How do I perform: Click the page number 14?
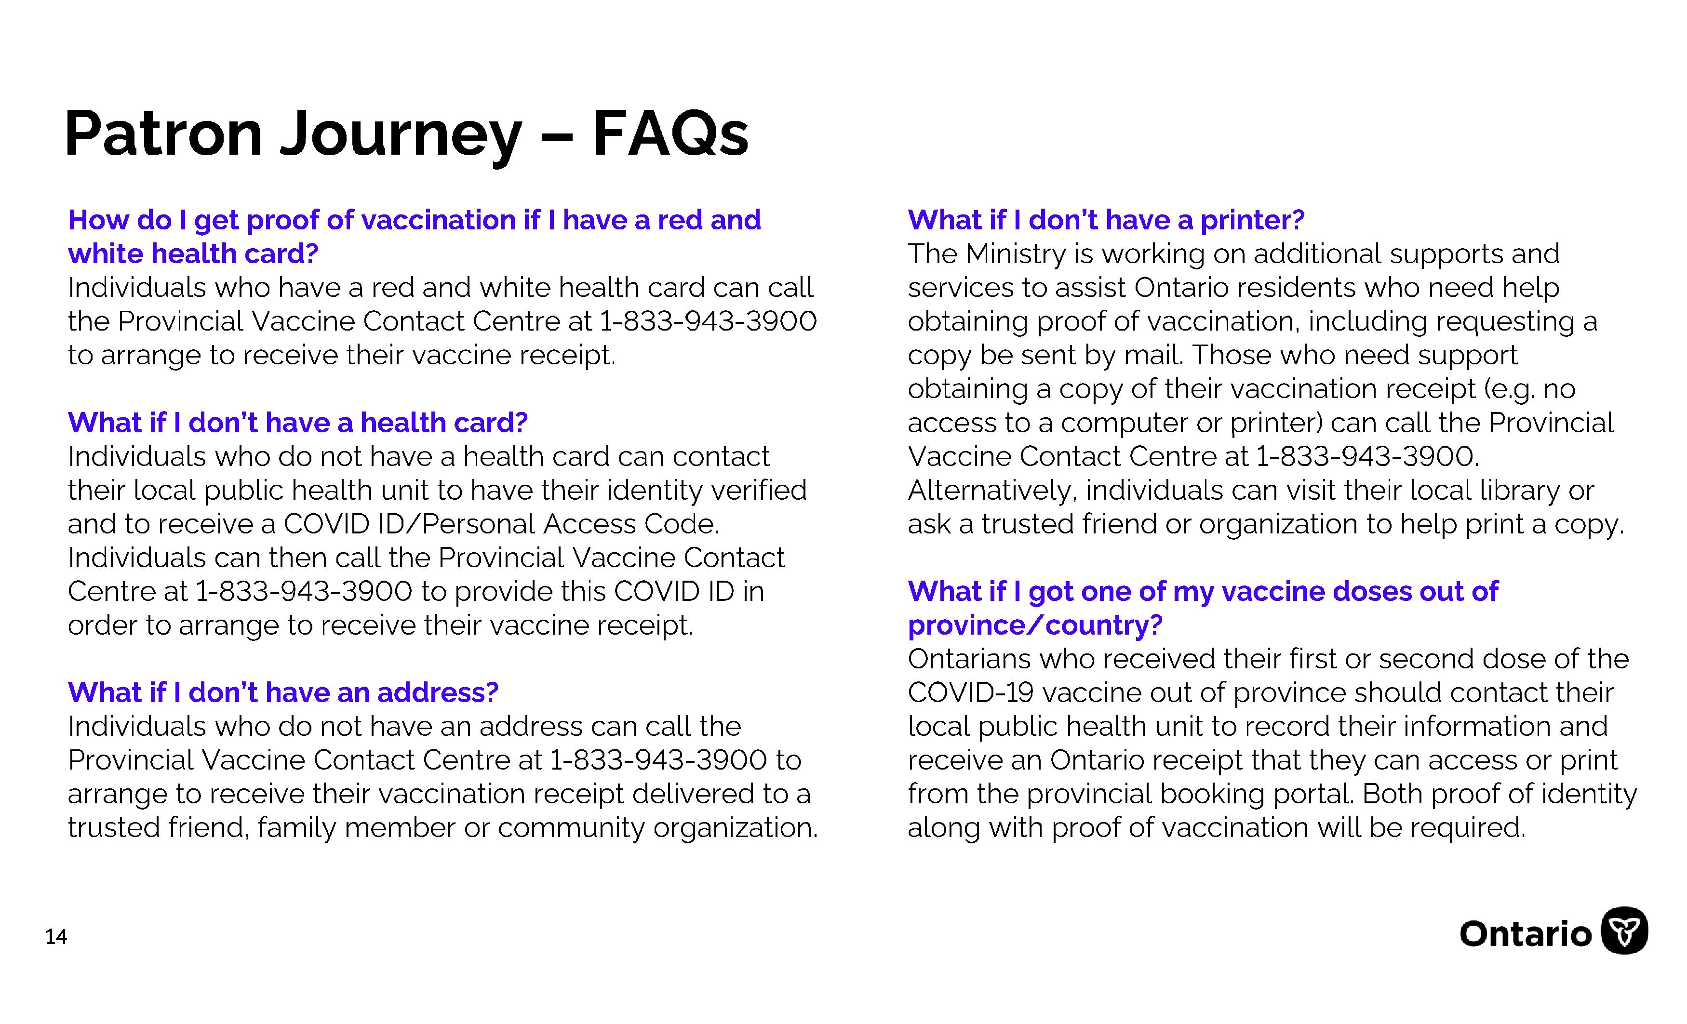(x=56, y=936)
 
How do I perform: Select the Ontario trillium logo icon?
(x=1624, y=931)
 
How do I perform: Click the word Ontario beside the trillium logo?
(x=1526, y=934)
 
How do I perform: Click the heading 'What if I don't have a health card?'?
(x=298, y=423)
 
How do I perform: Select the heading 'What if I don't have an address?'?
(x=283, y=693)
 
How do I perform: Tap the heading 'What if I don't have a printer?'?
(x=1106, y=220)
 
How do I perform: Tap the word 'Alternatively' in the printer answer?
(x=991, y=491)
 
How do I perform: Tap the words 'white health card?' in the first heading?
(x=193, y=254)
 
